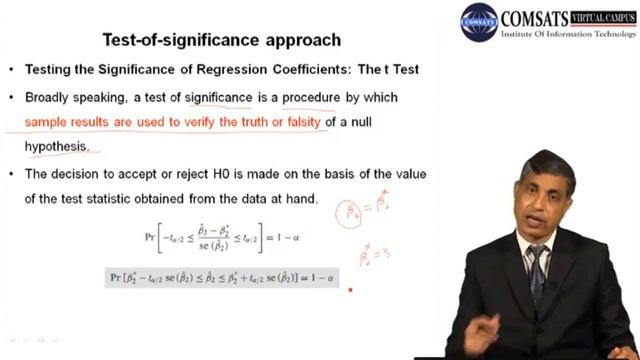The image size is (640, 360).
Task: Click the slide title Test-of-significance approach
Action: click(x=221, y=41)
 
